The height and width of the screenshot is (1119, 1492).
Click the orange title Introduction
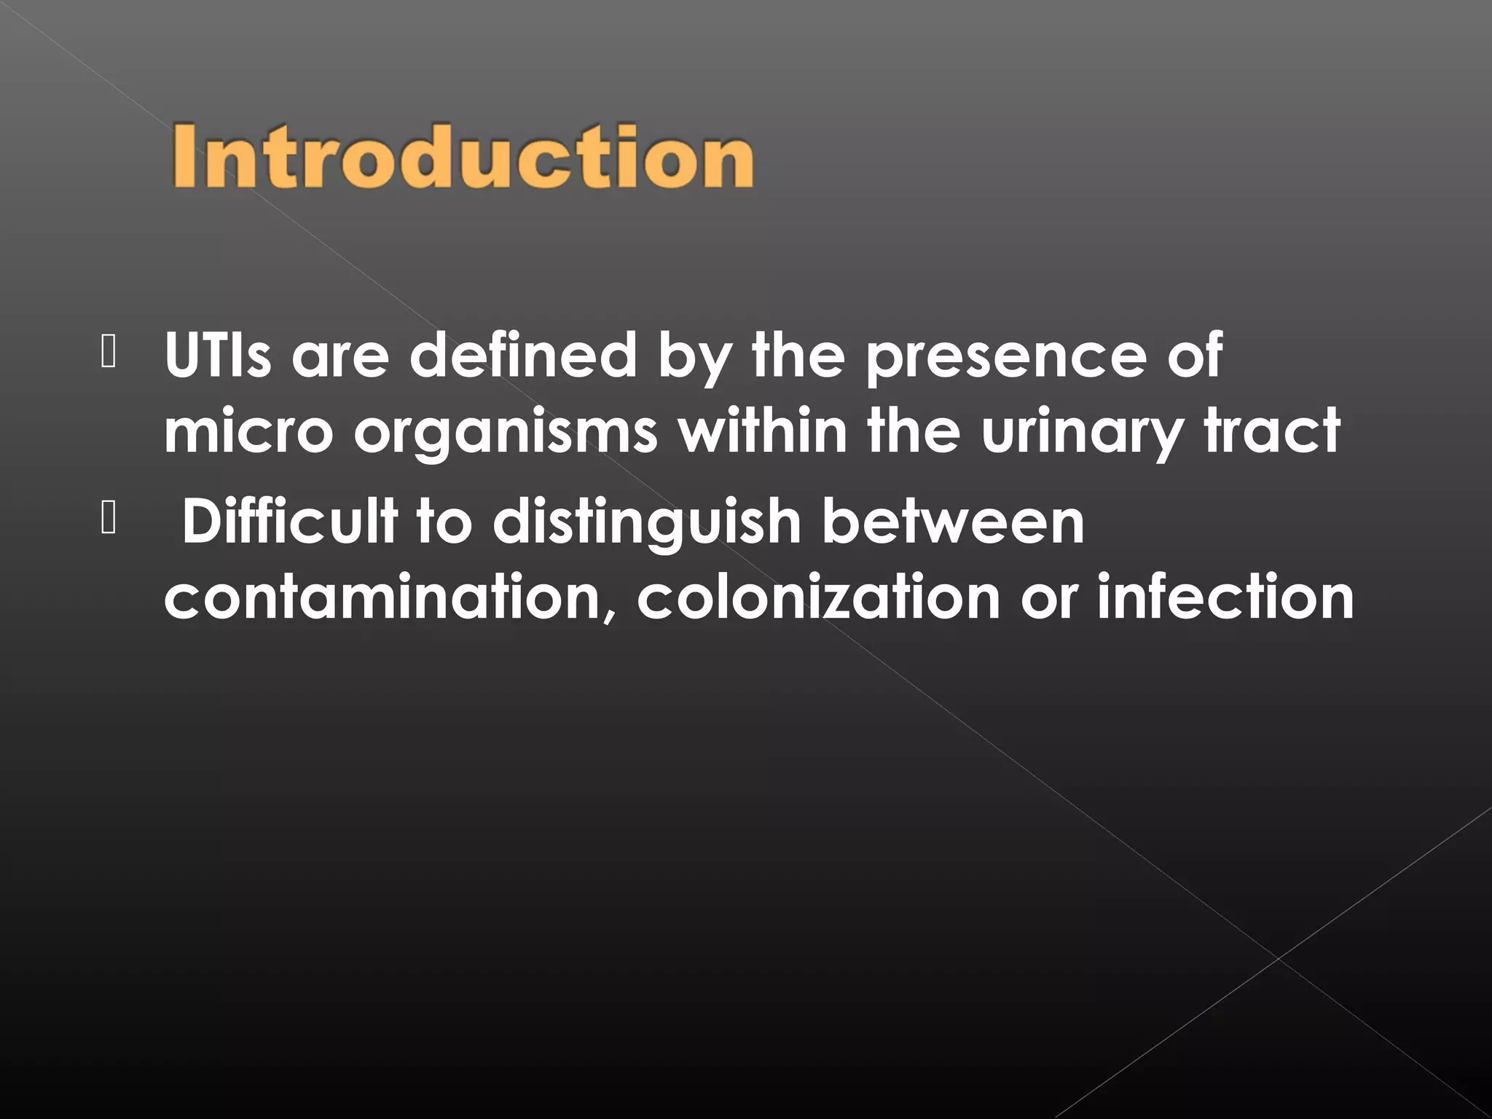463,157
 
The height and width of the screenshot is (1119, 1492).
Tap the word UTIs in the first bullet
218,355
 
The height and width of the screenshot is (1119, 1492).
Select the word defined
523,355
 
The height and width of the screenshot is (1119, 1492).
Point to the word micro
248,431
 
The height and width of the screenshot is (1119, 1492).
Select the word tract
1272,431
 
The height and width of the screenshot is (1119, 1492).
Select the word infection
1225,597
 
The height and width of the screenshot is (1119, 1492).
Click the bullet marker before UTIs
109,354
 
